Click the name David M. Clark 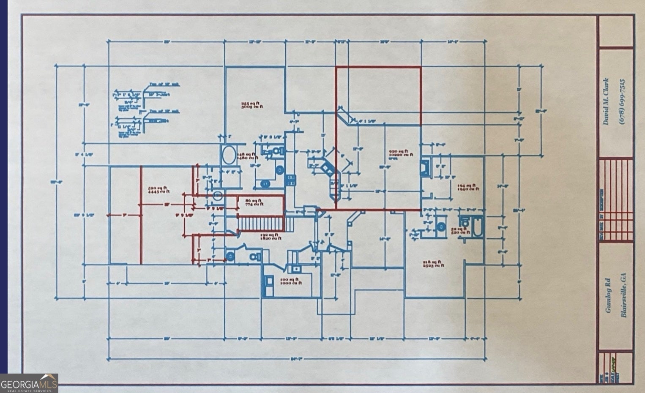[x=607, y=101]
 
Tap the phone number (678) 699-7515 [x=622, y=101]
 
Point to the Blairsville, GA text [x=623, y=295]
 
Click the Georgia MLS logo [x=29, y=384]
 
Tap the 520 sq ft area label [x=159, y=190]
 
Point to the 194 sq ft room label [x=468, y=187]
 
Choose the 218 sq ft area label [x=433, y=264]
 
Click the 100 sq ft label [x=291, y=281]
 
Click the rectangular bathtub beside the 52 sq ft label [x=478, y=226]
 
